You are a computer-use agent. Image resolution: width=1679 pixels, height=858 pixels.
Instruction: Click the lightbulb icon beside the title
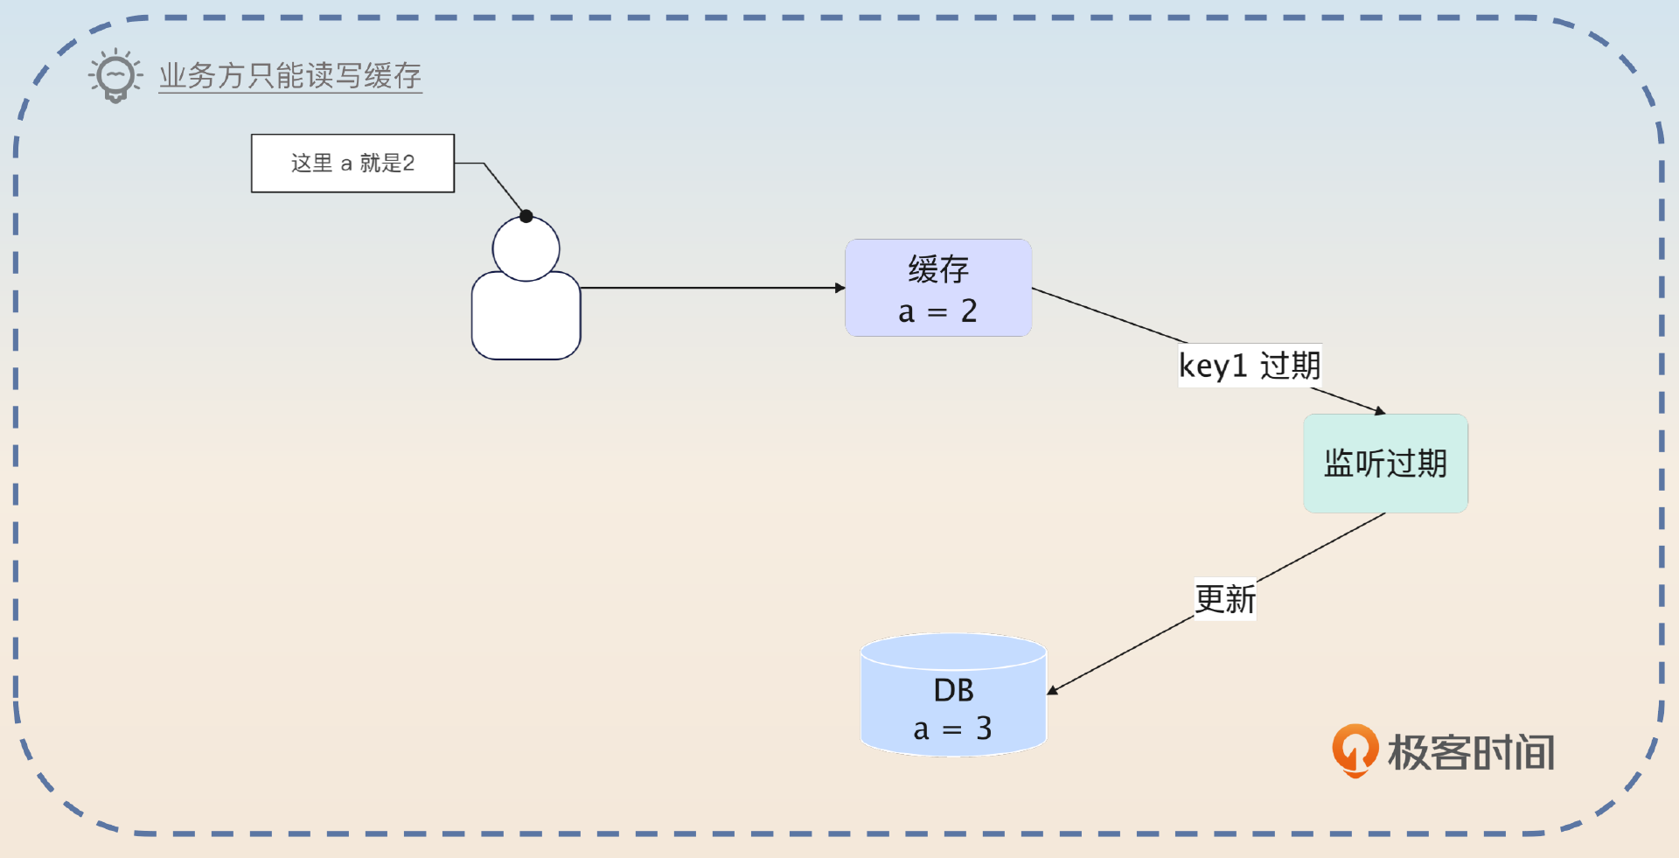coord(115,76)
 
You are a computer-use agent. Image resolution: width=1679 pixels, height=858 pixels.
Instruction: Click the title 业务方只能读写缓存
coord(290,76)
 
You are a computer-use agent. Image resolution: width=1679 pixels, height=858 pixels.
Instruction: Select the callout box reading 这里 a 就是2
coord(352,164)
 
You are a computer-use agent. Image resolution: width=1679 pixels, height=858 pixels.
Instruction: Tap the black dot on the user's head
coord(526,216)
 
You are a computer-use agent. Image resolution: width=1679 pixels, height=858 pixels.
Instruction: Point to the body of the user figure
coord(526,317)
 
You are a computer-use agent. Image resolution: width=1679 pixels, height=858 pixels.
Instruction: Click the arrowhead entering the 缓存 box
coord(839,288)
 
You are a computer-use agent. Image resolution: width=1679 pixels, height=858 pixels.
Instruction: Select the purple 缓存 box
coord(938,288)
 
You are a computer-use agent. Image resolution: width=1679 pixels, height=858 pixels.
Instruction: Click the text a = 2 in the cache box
coord(937,311)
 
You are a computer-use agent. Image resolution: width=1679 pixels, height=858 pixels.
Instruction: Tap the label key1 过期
coord(1250,366)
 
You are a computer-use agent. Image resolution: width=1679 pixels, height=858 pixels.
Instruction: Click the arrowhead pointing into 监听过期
coord(1379,410)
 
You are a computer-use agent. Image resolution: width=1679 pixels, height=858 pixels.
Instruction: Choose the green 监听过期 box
coord(1385,464)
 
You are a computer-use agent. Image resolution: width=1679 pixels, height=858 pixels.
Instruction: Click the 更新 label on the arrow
coord(1225,600)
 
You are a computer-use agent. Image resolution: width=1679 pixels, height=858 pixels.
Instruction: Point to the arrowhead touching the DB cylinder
coord(1053,690)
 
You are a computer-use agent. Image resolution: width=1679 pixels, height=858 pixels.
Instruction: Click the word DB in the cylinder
coord(953,691)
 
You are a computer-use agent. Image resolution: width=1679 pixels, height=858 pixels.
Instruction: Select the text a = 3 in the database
coord(952,729)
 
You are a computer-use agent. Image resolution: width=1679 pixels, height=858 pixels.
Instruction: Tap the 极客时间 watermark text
coord(1472,752)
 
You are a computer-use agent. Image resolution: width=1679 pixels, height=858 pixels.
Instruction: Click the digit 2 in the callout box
coord(408,164)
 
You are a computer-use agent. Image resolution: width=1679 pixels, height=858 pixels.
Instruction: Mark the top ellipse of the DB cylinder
coord(953,651)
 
